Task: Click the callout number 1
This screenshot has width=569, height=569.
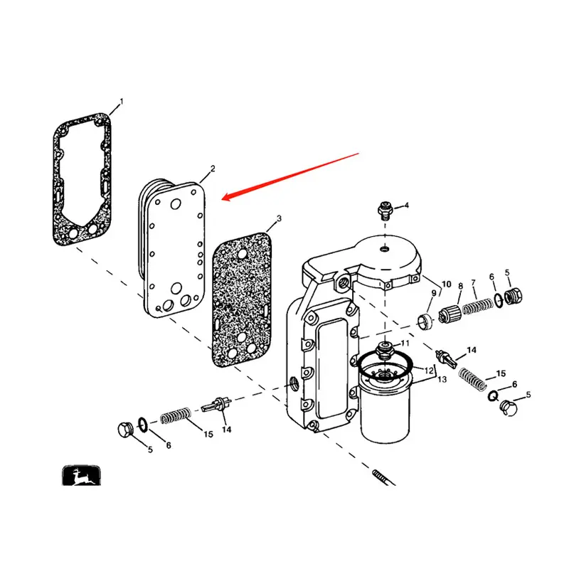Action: click(x=122, y=102)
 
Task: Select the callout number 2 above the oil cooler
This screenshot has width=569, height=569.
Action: click(x=213, y=169)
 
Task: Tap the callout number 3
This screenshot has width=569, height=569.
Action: click(x=279, y=218)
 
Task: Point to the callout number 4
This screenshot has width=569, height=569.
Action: click(x=406, y=205)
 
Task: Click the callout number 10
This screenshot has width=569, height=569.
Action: click(x=447, y=284)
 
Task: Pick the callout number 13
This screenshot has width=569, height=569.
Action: click(x=442, y=379)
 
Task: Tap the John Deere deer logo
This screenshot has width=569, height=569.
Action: click(x=81, y=475)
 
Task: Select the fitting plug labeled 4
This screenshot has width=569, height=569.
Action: click(x=385, y=211)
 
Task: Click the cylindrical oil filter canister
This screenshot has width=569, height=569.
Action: click(x=385, y=408)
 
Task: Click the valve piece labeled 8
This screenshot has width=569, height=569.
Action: click(x=450, y=314)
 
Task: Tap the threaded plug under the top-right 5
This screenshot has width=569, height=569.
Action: click(x=513, y=296)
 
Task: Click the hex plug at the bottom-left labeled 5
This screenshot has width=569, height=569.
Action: click(x=126, y=430)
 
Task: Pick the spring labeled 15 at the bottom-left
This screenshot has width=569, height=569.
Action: click(x=176, y=415)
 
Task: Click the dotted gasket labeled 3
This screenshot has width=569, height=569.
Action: click(x=242, y=299)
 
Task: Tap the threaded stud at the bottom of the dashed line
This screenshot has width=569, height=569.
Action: click(x=383, y=477)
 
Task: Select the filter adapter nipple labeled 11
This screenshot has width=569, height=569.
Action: click(x=385, y=350)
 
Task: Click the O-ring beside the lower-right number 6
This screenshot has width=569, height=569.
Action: click(x=493, y=396)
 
